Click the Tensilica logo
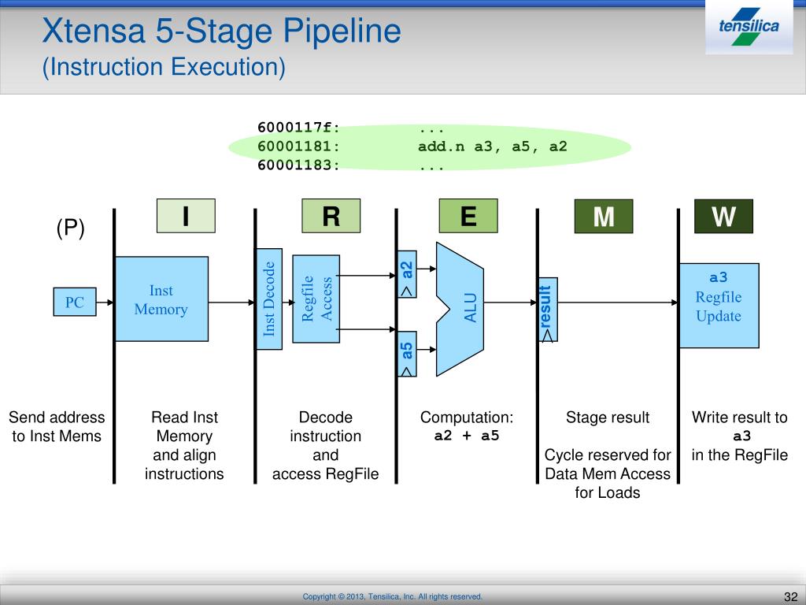pyautogui.click(x=749, y=27)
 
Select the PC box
pyautogui.click(x=75, y=302)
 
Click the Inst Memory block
pyautogui.click(x=161, y=299)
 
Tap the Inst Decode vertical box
pyautogui.click(x=268, y=299)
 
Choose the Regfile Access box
pyautogui.click(x=316, y=299)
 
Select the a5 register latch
pyautogui.click(x=406, y=353)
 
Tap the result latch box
pyautogui.click(x=547, y=310)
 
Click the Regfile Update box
pyautogui.click(x=719, y=306)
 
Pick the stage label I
pyautogui.click(x=186, y=216)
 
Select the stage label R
pyautogui.click(x=331, y=216)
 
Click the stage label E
pyautogui.click(x=468, y=216)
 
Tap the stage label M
pyautogui.click(x=604, y=217)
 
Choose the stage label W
pyautogui.click(x=723, y=217)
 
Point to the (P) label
pyautogui.click(x=70, y=228)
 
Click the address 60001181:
pyautogui.click(x=298, y=147)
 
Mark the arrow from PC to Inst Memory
pyautogui.click(x=105, y=302)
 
